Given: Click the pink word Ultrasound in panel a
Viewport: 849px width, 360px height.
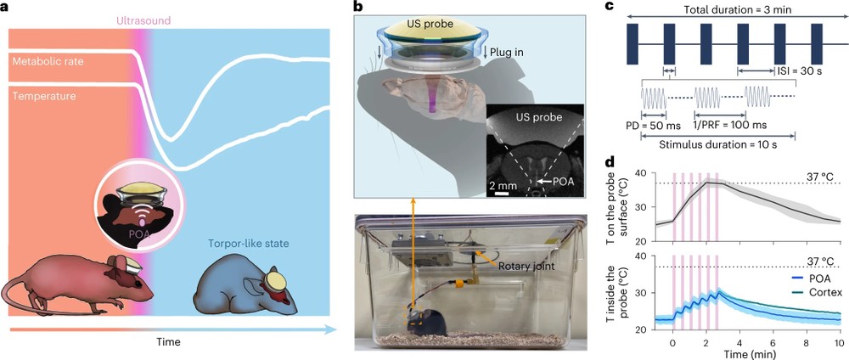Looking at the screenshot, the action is (x=143, y=21).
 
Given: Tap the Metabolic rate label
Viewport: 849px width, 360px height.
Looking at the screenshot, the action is (x=48, y=62).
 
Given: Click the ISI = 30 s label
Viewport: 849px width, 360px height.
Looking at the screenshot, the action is (x=801, y=71).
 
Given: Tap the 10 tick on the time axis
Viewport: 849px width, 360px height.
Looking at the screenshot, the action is (x=839, y=342).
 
